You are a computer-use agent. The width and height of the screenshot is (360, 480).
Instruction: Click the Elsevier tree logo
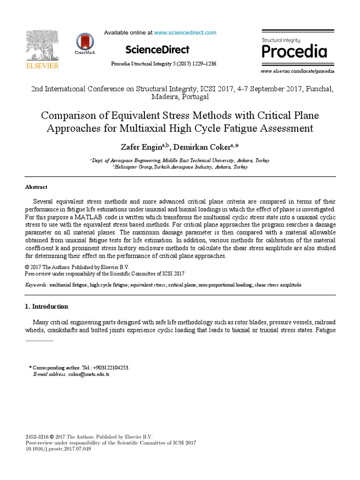(x=42, y=45)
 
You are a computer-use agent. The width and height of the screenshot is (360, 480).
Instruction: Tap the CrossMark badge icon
(x=85, y=42)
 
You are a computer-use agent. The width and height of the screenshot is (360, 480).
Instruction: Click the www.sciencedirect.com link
(x=185, y=33)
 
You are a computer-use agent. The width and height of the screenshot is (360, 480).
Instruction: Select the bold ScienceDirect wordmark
(x=157, y=50)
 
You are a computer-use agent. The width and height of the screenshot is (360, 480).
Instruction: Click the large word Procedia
(x=294, y=52)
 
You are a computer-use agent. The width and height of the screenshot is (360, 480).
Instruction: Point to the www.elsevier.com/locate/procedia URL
(x=297, y=71)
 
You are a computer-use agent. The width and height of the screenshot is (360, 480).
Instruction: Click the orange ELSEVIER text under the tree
(x=42, y=66)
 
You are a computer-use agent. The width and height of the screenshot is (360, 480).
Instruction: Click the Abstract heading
(x=36, y=187)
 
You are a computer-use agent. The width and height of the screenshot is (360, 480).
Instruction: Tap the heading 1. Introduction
(x=46, y=307)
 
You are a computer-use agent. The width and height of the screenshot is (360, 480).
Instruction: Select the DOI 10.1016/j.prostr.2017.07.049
(x=58, y=449)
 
